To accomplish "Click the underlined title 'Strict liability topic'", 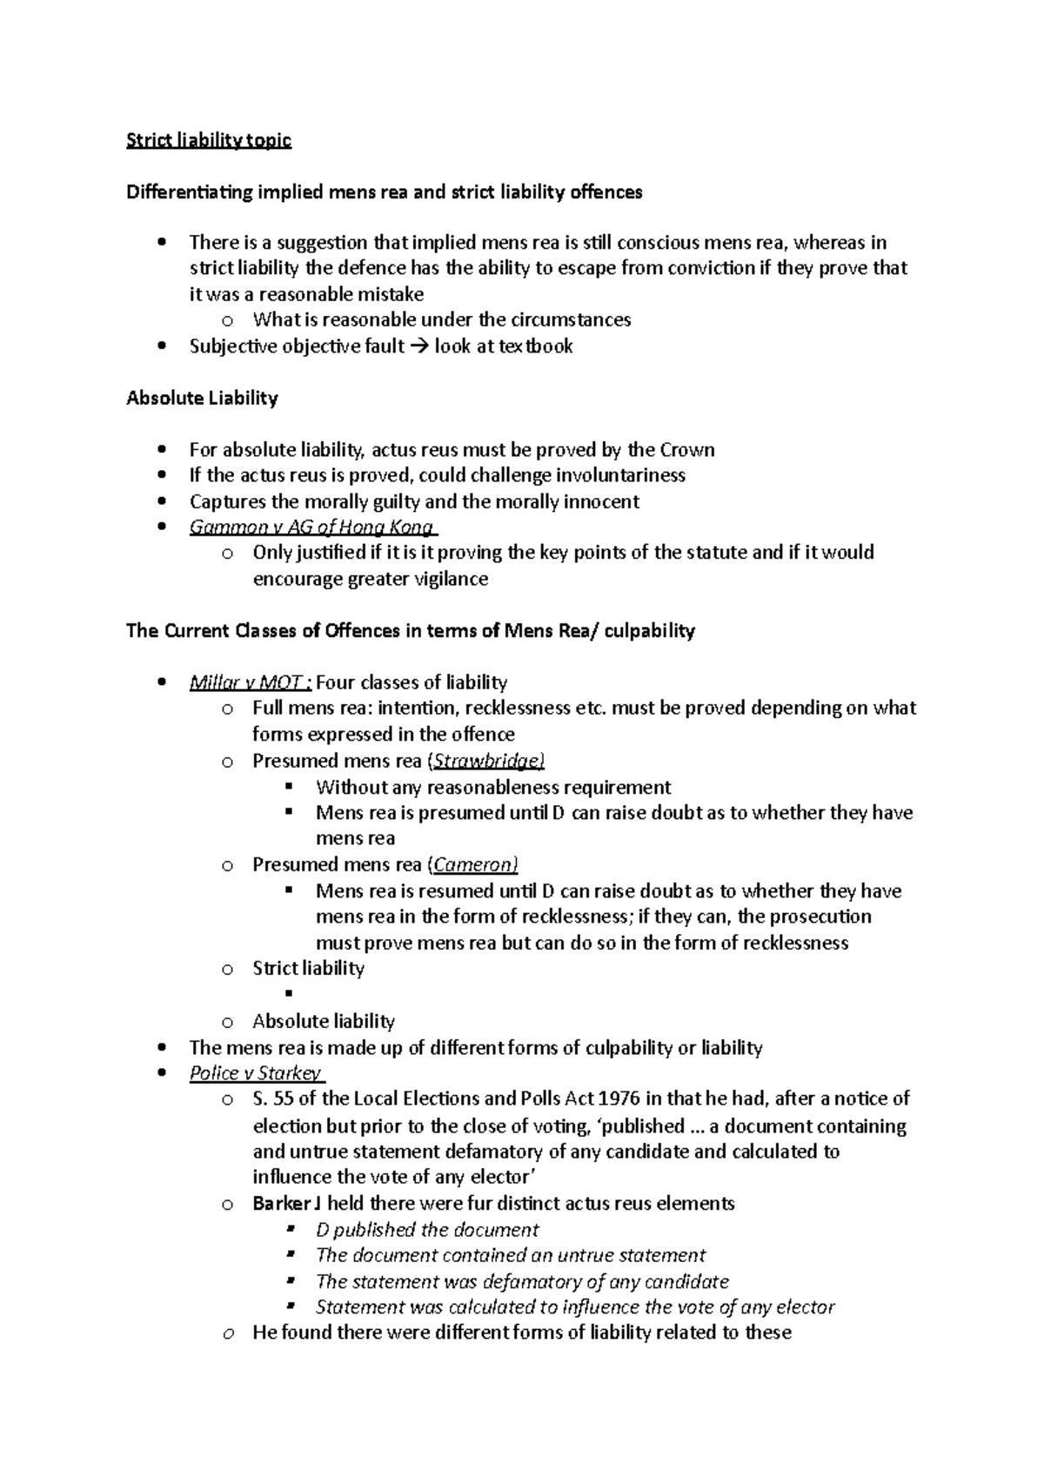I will (209, 140).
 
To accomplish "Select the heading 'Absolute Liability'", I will (202, 398).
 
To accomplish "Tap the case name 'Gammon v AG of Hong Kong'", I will (311, 527).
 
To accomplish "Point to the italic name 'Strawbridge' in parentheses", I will (488, 761).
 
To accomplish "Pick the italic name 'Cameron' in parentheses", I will (475, 864).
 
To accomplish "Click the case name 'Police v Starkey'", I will (256, 1072).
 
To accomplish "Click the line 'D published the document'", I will (427, 1229).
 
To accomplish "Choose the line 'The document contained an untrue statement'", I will (511, 1255).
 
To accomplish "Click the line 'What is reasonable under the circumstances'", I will (442, 319).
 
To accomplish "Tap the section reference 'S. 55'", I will (272, 1098).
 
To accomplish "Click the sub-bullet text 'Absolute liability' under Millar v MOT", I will (324, 1020).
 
